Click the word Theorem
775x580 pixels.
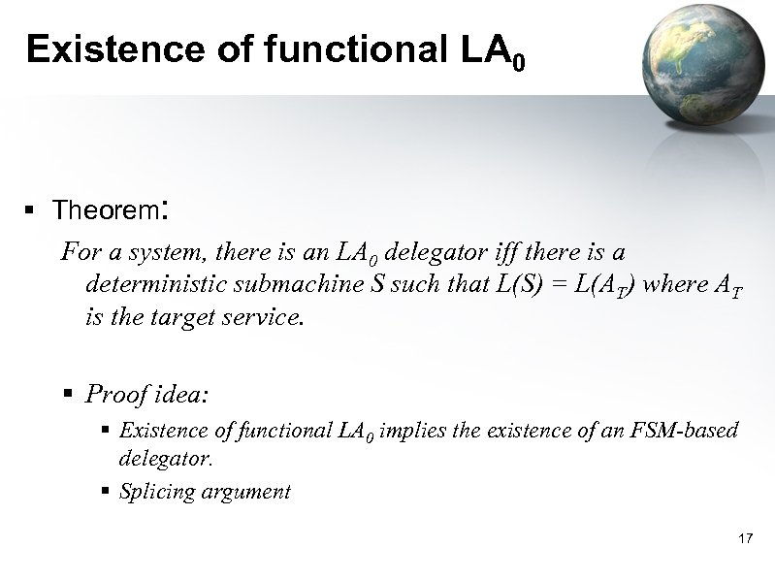point(106,210)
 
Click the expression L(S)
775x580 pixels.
point(497,285)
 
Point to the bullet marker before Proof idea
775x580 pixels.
point(68,394)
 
